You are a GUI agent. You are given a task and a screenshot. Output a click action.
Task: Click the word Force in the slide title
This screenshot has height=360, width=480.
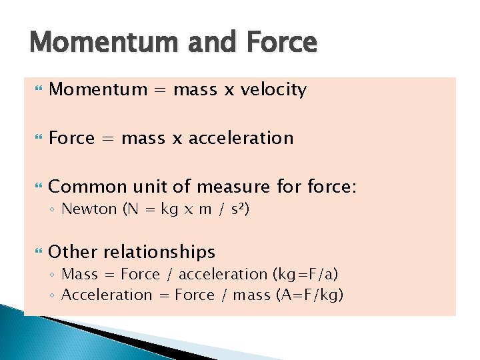coord(283,43)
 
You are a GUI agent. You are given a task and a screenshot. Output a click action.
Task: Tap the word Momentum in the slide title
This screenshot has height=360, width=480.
coord(103,43)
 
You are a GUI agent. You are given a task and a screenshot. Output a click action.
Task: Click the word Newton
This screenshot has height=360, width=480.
coord(89,209)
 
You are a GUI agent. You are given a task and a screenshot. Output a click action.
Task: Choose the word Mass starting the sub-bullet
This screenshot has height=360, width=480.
coord(79,275)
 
